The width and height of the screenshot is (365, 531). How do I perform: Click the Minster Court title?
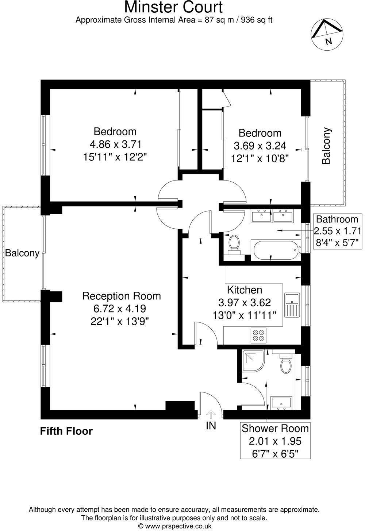173,7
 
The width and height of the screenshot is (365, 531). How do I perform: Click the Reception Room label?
121,296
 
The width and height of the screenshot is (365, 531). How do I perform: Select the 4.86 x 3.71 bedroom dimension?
115,144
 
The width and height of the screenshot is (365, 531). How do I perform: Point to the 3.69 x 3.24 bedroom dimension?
260,146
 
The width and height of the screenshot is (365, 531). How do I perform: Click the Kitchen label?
245,290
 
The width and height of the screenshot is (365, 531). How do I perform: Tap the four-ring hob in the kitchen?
259,336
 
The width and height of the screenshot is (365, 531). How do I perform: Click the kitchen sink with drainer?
292,305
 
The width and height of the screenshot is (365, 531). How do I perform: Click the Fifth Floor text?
66,431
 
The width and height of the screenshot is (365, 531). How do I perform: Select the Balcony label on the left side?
22,253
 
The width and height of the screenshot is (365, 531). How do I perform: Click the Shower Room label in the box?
275,429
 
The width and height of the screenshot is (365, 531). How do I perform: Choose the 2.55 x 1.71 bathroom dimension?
338,231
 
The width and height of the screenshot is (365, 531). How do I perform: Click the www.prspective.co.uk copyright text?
174,526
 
